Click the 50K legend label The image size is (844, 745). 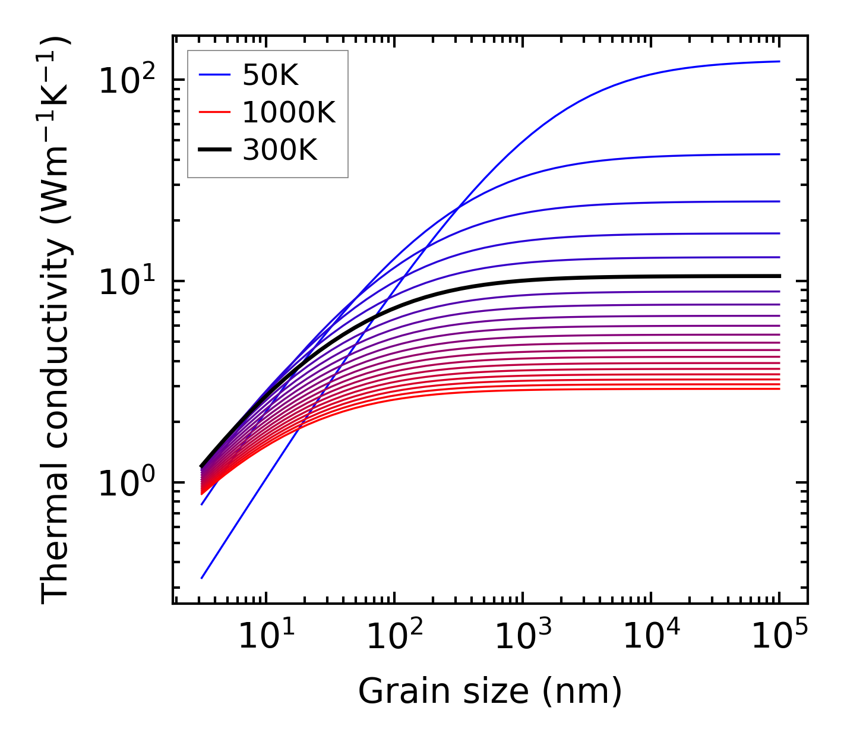point(270,75)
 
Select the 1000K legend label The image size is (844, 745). point(289,113)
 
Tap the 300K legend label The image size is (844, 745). point(280,150)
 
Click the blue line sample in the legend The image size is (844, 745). point(214,75)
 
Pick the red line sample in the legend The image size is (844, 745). point(214,113)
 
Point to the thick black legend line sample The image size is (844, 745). point(214,150)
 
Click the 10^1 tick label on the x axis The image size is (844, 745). point(265,638)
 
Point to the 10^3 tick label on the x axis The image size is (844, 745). point(522,638)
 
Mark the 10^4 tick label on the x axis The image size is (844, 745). point(651,638)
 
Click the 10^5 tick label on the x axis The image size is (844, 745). point(779,638)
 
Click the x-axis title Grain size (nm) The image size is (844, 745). point(490,691)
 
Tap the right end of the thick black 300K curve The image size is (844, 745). point(779,276)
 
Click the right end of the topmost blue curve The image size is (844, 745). point(779,61)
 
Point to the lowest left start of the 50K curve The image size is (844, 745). point(202,578)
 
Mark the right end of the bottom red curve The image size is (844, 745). point(779,389)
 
